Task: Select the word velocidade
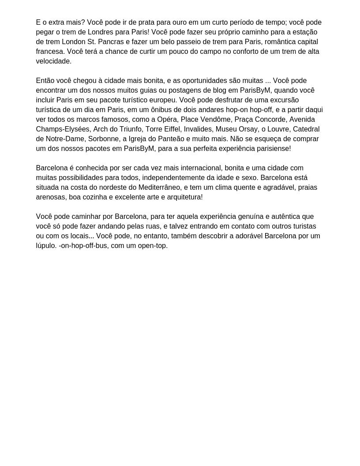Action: tap(53, 61)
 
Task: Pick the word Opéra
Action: tap(167, 120)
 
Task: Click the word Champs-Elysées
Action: tap(63, 129)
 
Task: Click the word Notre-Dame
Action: tap(65, 139)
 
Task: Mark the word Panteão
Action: tap(172, 139)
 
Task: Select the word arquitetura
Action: tap(183, 197)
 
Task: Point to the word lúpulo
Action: tap(46, 246)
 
